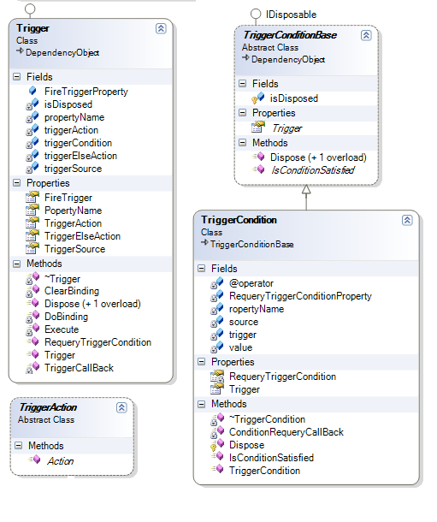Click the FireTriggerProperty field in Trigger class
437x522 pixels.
tap(86, 92)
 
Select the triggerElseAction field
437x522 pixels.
tap(80, 156)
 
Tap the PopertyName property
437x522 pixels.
tap(74, 211)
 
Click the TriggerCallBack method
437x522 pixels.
tap(80, 368)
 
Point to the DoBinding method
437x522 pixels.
tap(66, 317)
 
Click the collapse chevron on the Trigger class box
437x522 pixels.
tap(161, 28)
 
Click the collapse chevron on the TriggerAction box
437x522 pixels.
tap(121, 407)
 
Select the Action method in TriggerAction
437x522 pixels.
tap(60, 461)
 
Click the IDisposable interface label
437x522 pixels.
tap(291, 15)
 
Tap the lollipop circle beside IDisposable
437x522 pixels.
tap(256, 14)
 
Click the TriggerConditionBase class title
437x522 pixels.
tap(290, 35)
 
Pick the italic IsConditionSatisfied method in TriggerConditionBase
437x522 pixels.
tap(313, 170)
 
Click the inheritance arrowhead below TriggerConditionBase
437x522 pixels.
tap(306, 189)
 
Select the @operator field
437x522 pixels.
tap(251, 283)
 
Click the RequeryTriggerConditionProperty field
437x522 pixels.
tap(300, 296)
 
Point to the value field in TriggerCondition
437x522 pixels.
tap(241, 347)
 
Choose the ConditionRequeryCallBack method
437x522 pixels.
tap(286, 432)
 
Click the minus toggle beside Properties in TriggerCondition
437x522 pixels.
tap(202, 362)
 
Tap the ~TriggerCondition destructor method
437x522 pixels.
tap(267, 419)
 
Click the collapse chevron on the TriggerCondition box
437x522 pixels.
tap(407, 221)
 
